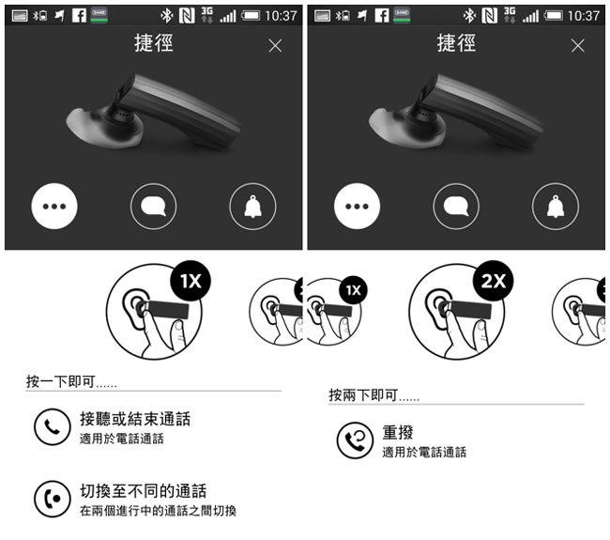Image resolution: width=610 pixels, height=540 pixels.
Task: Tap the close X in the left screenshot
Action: [x=275, y=46]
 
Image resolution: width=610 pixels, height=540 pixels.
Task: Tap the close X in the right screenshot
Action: [x=578, y=46]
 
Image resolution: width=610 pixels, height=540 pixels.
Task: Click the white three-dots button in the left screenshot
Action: [x=54, y=206]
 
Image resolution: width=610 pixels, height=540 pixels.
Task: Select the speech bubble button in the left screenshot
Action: [x=153, y=206]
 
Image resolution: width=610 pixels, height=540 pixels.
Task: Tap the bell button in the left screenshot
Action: [x=252, y=206]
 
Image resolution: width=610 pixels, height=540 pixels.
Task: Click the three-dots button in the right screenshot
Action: [x=357, y=206]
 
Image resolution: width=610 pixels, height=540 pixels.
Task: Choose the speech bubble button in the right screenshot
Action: [x=456, y=206]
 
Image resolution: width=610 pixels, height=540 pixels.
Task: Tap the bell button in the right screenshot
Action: [x=556, y=206]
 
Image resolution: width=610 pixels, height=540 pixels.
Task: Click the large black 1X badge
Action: [x=191, y=281]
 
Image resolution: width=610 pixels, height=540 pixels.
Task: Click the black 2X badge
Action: [x=494, y=281]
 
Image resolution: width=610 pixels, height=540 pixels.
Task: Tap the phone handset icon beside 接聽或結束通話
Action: [x=53, y=426]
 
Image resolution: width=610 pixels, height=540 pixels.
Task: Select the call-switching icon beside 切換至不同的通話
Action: [x=53, y=499]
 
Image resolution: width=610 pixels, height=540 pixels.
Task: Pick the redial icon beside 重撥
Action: [x=355, y=440]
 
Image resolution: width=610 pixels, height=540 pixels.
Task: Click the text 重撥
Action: [x=398, y=432]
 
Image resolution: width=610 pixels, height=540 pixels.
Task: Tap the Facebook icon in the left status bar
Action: [x=79, y=16]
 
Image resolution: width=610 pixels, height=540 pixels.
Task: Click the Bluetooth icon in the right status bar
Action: [x=469, y=16]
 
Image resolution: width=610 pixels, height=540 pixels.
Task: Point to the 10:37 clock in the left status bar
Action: [x=281, y=16]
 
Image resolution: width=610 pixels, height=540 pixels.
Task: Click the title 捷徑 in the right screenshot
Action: [x=456, y=43]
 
